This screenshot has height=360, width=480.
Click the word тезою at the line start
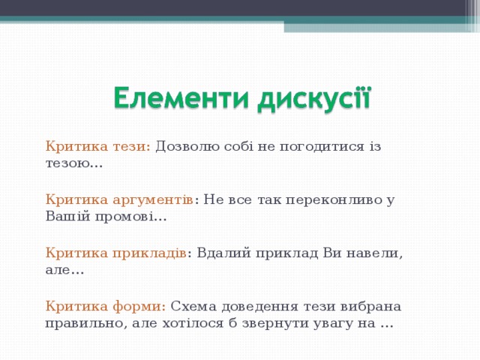(68, 163)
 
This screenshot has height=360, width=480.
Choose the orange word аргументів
(153, 199)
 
